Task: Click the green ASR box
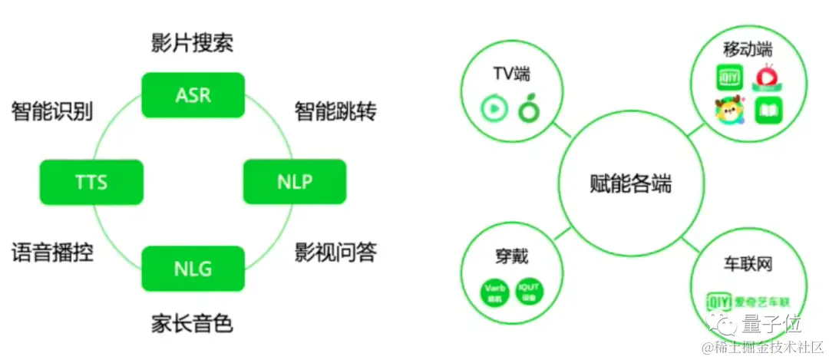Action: coord(193,95)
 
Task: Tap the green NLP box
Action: coord(294,183)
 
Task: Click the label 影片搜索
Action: coord(192,43)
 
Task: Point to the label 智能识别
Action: coord(51,111)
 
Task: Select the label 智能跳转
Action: coord(335,111)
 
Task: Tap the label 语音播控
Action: coord(52,253)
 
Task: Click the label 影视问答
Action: coord(335,253)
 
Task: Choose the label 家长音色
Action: coord(192,323)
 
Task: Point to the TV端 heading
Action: coord(511,74)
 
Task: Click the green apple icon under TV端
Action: coord(529,109)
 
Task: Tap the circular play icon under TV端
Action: coord(494,109)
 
